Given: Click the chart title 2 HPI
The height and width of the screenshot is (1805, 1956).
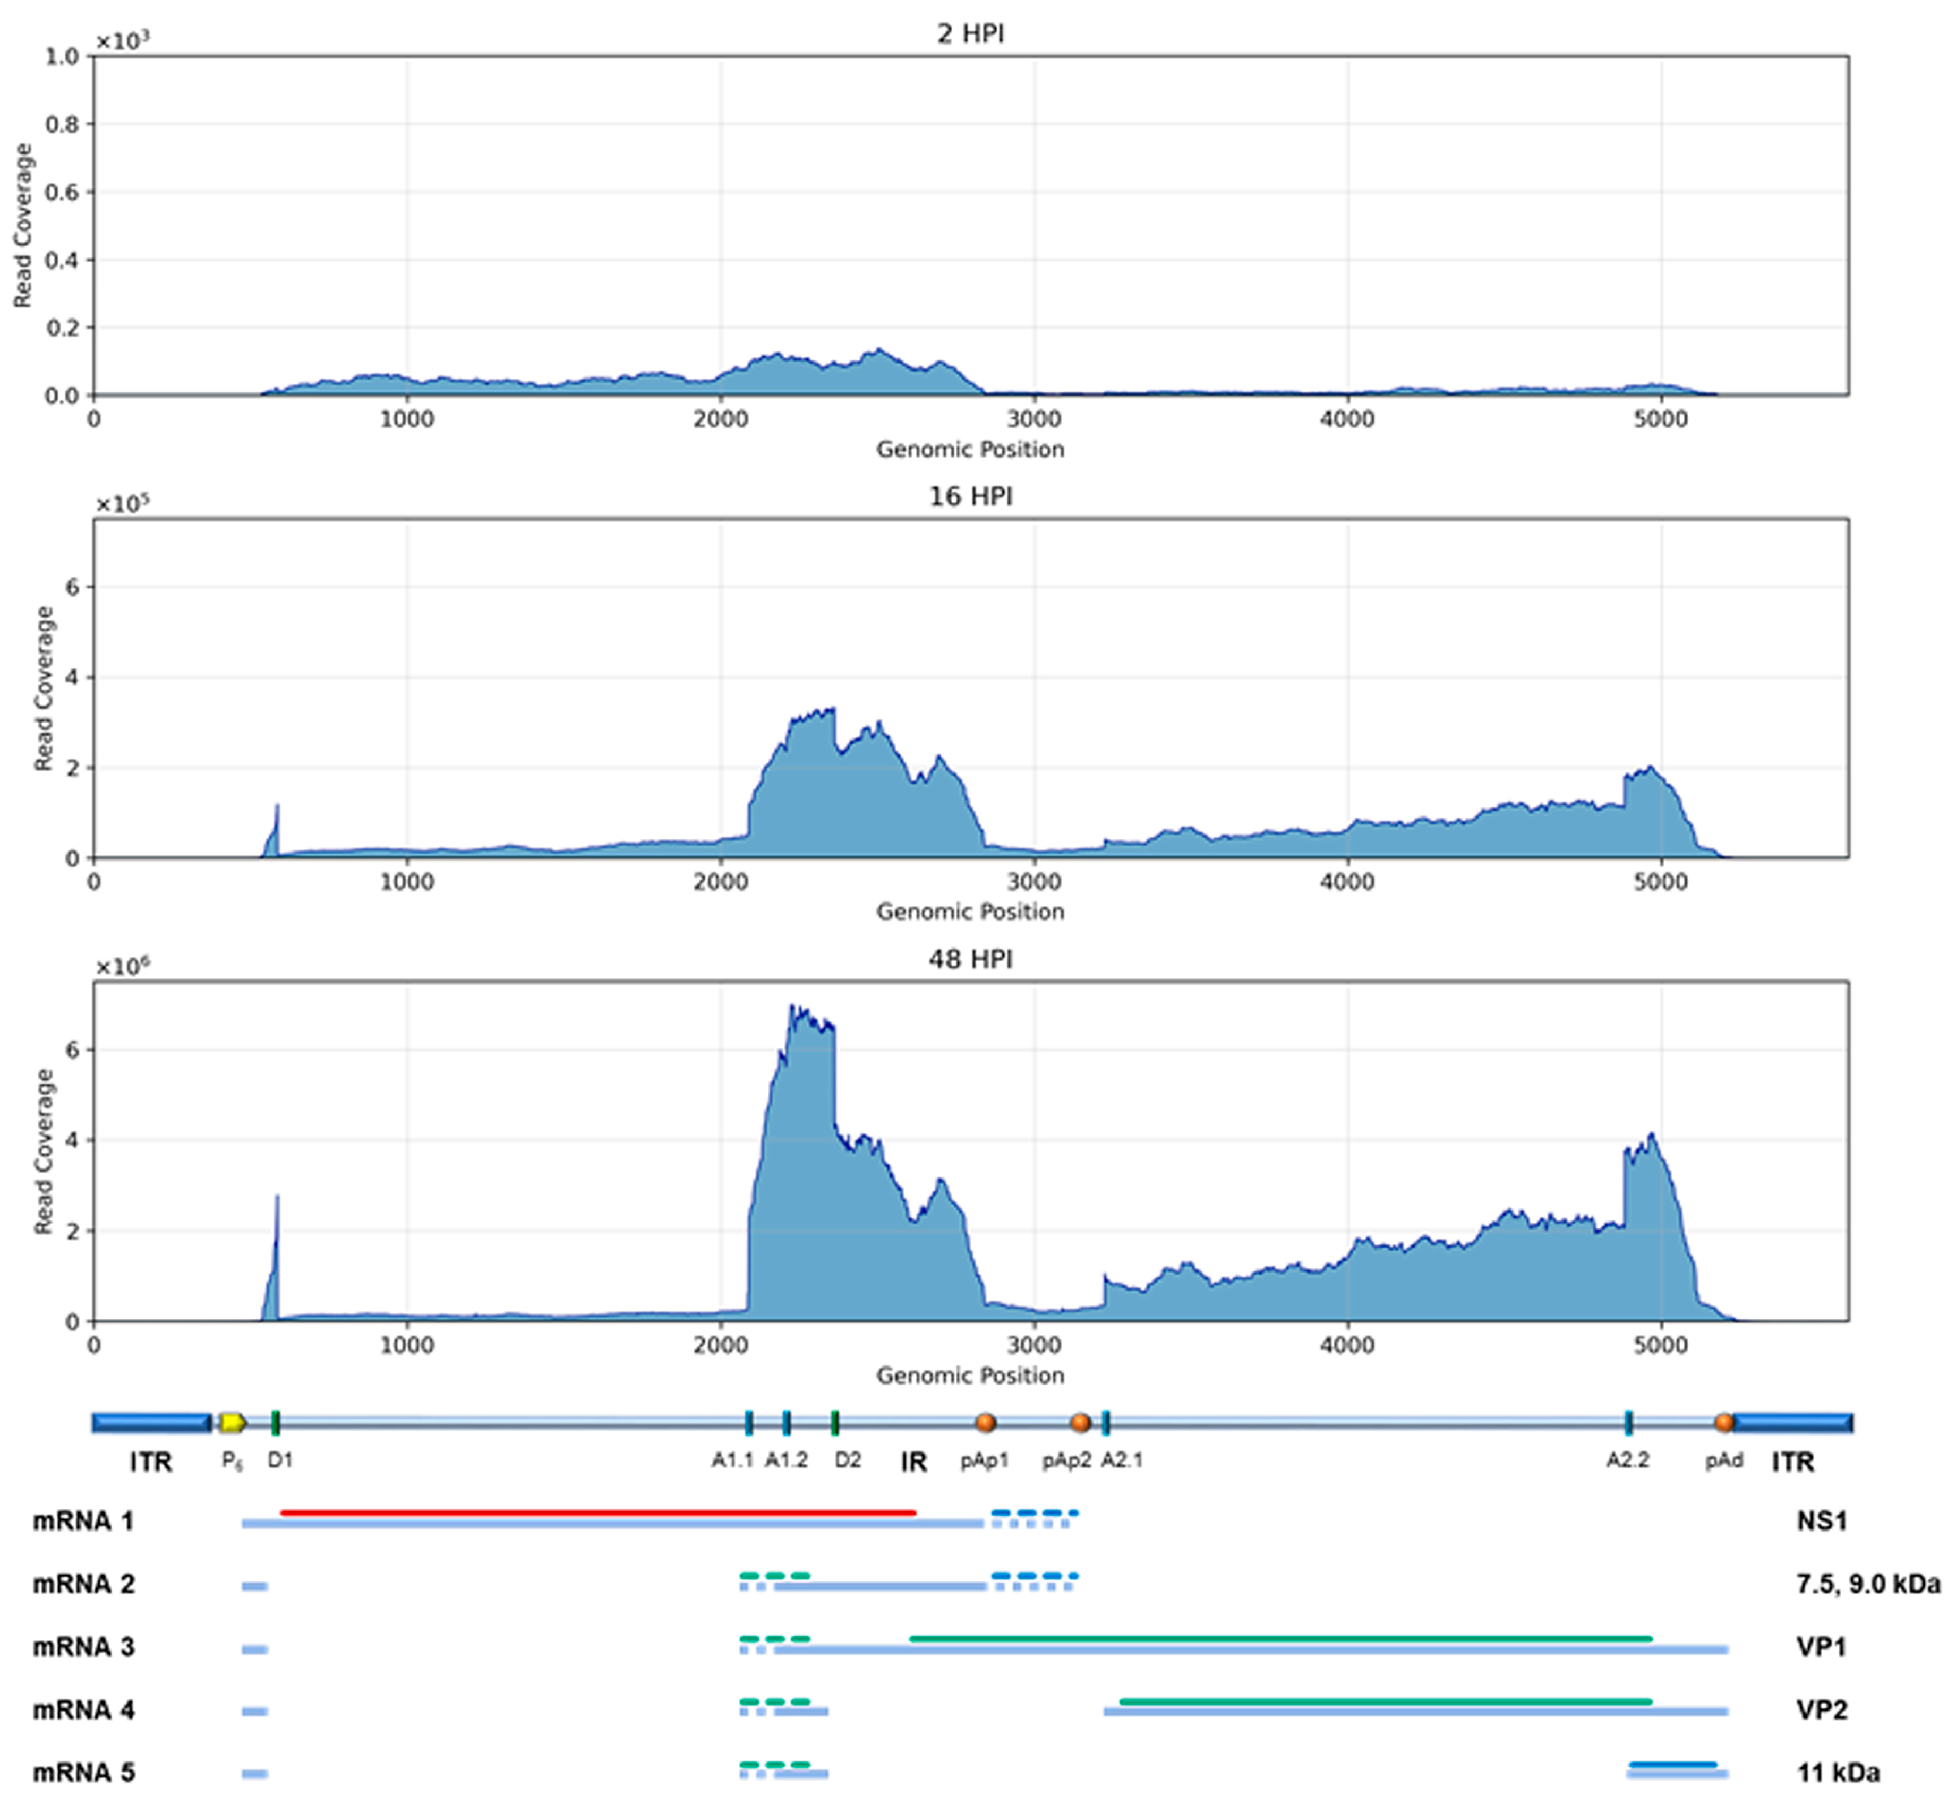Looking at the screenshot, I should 970,34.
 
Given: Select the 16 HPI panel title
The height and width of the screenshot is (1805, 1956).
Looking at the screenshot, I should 970,497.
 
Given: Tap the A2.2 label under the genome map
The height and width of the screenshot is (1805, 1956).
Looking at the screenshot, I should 1628,1460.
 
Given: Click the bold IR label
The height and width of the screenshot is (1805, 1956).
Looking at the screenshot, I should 913,1462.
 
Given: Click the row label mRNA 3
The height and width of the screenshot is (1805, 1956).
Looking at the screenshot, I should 84,1647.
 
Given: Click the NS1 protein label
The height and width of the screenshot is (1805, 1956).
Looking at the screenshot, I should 1821,1521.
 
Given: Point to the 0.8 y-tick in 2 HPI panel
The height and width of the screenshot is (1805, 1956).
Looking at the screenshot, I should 63,124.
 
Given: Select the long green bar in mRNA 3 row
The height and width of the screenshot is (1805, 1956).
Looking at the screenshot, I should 1280,1638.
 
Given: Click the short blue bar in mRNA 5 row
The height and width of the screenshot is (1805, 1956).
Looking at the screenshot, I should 1672,1764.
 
